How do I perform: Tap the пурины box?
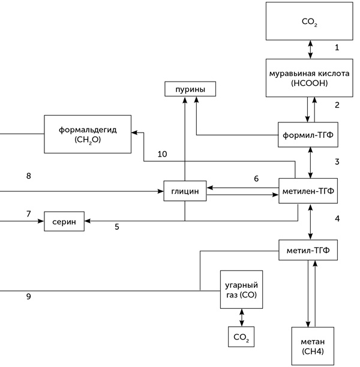190,90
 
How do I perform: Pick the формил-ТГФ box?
308,134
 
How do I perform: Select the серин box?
64,221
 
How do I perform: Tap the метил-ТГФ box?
308,249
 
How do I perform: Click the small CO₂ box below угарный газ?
241,337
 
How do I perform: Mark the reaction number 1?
337,47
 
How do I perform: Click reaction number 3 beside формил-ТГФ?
337,162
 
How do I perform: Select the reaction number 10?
162,154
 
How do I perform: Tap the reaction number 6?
256,179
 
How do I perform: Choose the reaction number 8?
28,176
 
